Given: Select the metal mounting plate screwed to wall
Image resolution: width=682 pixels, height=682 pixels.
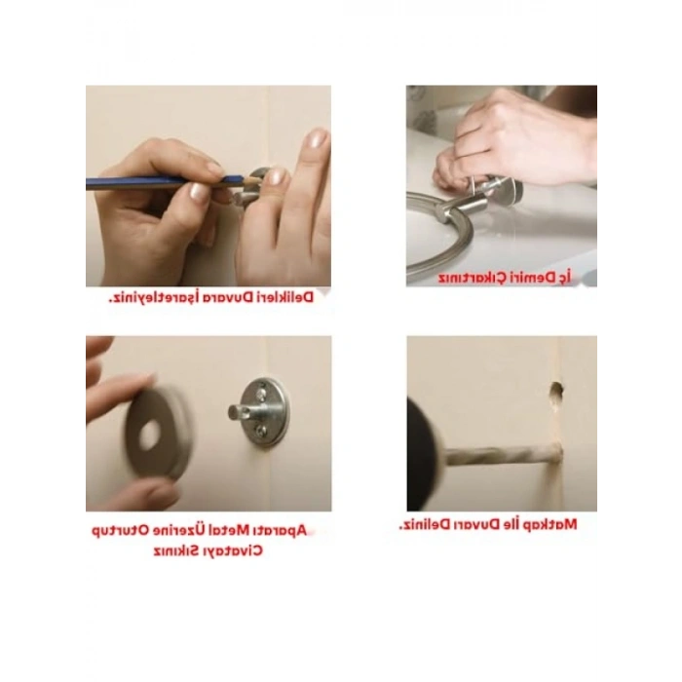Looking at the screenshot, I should (x=265, y=411).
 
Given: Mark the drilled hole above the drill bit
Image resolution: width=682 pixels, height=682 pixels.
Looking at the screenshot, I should (x=556, y=393).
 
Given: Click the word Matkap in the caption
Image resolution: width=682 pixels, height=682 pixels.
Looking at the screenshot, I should (x=550, y=524).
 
